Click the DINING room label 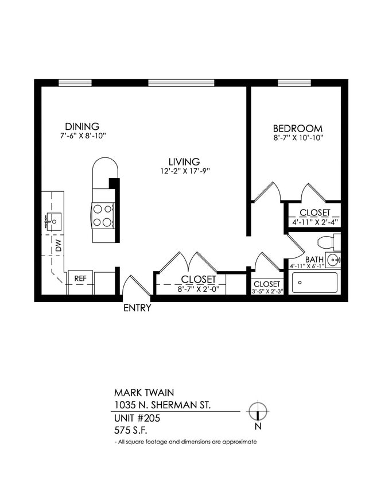82,126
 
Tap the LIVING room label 184,161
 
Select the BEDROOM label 297,129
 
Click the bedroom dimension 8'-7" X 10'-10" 297,138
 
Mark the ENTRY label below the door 138,308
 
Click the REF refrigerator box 80,279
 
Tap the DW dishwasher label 58,248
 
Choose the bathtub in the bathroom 314,283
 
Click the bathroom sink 333,260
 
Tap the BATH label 314,260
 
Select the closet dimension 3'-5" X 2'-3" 267,291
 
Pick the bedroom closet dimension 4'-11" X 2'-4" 314,222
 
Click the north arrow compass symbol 258,412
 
